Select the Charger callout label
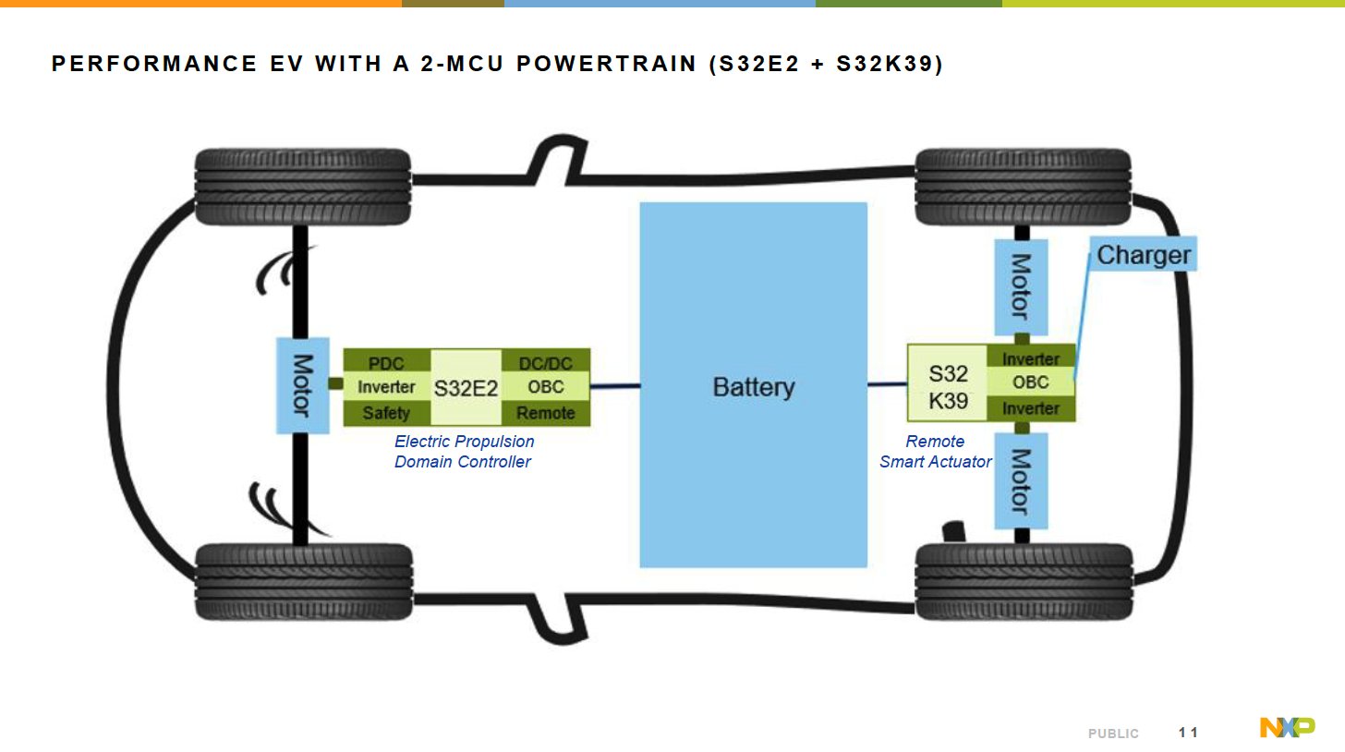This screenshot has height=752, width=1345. [1144, 254]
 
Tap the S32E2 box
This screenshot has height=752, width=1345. [466, 388]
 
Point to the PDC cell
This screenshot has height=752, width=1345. [386, 362]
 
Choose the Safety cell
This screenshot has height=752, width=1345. [386, 413]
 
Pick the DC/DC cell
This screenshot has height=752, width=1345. [545, 362]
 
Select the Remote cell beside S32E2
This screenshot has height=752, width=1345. [545, 413]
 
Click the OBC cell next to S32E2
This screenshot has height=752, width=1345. [545, 387]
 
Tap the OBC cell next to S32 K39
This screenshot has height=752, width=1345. [1030, 382]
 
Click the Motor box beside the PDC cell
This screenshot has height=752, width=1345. [303, 384]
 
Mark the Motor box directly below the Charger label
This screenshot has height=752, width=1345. [1021, 286]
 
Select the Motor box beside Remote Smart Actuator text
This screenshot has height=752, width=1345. [1021, 480]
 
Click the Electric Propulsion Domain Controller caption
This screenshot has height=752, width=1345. [463, 452]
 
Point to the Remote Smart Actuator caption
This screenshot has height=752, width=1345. [935, 452]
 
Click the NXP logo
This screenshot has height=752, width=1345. [1287, 728]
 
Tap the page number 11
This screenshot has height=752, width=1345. [1188, 733]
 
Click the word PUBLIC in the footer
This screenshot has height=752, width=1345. [1113, 734]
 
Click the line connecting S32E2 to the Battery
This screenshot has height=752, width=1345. [614, 386]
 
